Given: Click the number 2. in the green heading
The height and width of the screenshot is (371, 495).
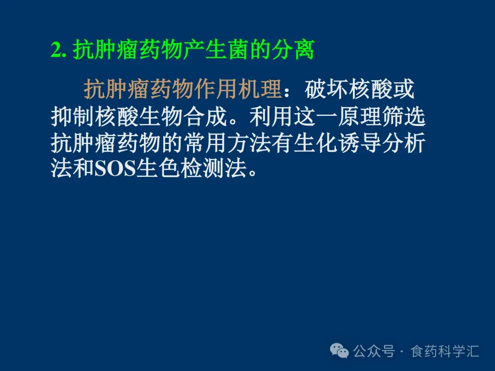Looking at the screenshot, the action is coord(59,50).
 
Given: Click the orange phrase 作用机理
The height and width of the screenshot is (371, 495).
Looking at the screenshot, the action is coord(238,89).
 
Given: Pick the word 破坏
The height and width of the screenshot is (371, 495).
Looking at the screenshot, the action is coord(326,89).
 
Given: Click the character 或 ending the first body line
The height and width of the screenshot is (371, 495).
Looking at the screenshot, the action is coord(403,89).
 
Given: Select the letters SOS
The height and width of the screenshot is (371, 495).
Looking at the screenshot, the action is coord(115,169).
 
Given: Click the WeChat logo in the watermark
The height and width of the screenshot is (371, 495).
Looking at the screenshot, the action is coord(339,350).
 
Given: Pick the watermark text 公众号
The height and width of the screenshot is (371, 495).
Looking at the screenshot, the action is coord(374,351).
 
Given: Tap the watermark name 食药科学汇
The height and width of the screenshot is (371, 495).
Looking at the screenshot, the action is coord(445,351).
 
